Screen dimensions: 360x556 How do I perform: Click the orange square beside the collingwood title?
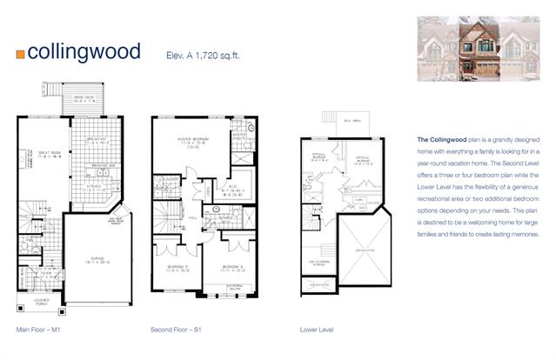point(20,53)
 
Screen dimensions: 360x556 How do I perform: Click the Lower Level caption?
point(315,330)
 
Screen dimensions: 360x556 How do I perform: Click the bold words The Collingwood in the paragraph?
point(442,139)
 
